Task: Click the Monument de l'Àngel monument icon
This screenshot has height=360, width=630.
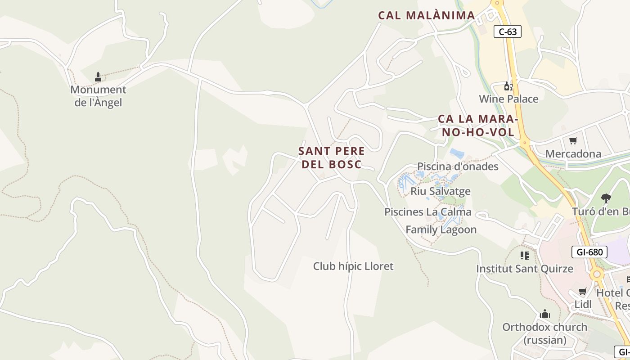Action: pyautogui.click(x=98, y=77)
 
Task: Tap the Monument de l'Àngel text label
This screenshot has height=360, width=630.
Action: pyautogui.click(x=98, y=96)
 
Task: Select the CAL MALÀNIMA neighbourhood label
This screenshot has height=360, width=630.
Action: pyautogui.click(x=426, y=15)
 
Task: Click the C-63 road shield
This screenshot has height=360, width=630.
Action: pyautogui.click(x=508, y=31)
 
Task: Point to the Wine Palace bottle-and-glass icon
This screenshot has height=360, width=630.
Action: pyautogui.click(x=508, y=86)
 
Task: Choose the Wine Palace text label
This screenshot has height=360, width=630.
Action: pyautogui.click(x=508, y=99)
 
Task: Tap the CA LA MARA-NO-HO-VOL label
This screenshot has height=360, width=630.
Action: pyautogui.click(x=478, y=126)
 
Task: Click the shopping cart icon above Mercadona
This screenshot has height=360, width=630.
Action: pyautogui.click(x=573, y=141)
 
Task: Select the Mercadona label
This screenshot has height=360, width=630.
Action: pyautogui.click(x=573, y=154)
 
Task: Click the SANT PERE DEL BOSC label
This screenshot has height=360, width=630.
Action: pyautogui.click(x=332, y=157)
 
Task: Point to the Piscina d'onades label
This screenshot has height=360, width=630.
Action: pyautogui.click(x=458, y=166)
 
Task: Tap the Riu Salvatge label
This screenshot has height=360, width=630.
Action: pyautogui.click(x=440, y=191)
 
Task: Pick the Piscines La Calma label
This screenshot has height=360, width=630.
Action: pyautogui.click(x=427, y=212)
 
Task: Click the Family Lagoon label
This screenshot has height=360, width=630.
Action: pyautogui.click(x=441, y=229)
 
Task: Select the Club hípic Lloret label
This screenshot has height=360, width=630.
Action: pyautogui.click(x=353, y=266)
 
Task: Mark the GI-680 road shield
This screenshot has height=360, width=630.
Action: pyautogui.click(x=589, y=252)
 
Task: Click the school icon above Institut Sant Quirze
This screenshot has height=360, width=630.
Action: pyautogui.click(x=525, y=256)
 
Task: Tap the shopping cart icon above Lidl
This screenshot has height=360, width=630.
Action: pyautogui.click(x=583, y=292)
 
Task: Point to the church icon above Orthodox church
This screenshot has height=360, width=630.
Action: pyautogui.click(x=545, y=314)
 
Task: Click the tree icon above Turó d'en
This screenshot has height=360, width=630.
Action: pyautogui.click(x=606, y=198)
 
